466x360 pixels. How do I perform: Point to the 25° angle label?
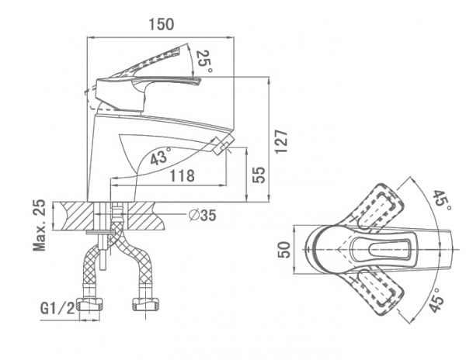(203, 60)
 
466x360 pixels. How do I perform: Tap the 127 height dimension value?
(282, 141)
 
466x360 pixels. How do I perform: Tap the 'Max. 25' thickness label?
(38, 225)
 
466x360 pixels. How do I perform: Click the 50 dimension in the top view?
(284, 250)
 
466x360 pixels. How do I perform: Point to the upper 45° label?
(441, 199)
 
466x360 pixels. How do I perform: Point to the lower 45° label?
(436, 301)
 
